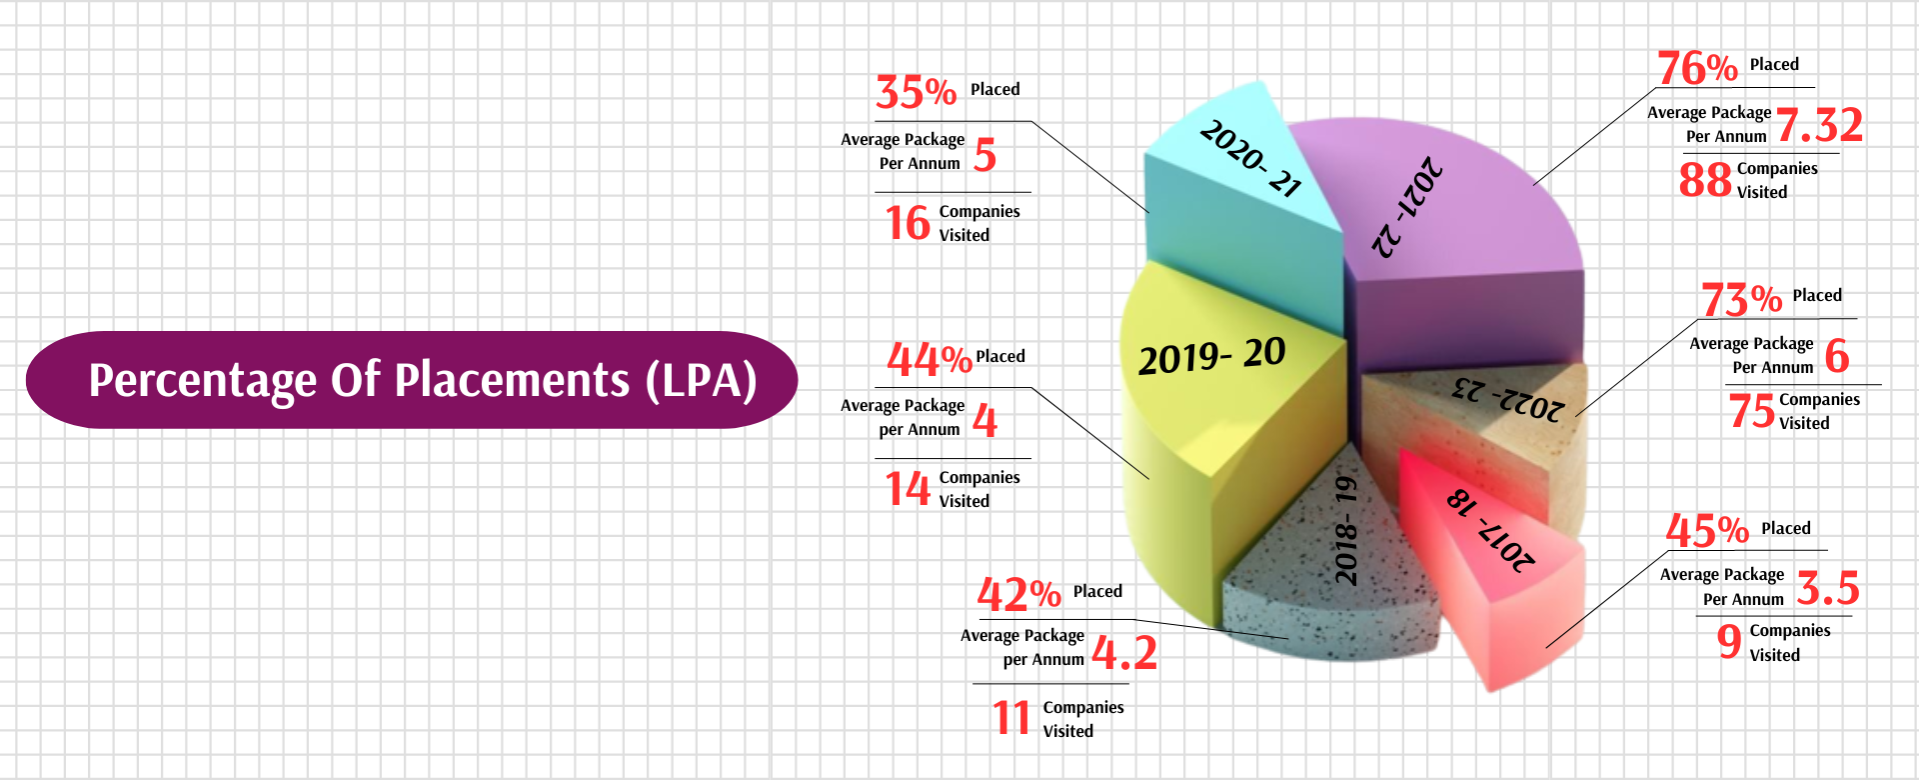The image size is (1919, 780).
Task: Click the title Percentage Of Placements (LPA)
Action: pos(422,380)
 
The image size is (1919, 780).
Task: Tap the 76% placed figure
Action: pos(1697,68)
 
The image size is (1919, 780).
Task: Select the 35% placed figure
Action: pos(916,92)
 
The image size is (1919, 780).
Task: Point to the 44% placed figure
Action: pos(929,359)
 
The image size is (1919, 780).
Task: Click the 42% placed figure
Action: pos(1018,595)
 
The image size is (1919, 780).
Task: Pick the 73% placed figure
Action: pos(1741,299)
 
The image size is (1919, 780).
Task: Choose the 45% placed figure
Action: pos(1707,531)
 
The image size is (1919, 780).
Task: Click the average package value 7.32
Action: pos(1819,126)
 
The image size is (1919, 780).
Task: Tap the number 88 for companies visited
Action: pos(1705,180)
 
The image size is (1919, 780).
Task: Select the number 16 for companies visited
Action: pos(908,223)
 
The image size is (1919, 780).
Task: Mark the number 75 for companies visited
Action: pos(1751,411)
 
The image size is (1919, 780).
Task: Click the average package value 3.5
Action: pos(1827,588)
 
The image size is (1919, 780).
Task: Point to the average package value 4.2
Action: pos(1123,653)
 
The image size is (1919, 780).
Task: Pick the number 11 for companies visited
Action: pos(1011,718)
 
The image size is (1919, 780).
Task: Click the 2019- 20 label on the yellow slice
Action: pos(1211,356)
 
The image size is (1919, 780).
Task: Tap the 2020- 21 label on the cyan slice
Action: pos(1250,158)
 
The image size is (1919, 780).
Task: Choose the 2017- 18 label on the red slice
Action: pos(1490,531)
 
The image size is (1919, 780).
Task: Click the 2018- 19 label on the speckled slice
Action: pos(1347,530)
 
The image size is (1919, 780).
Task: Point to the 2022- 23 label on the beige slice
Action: pos(1508,399)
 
